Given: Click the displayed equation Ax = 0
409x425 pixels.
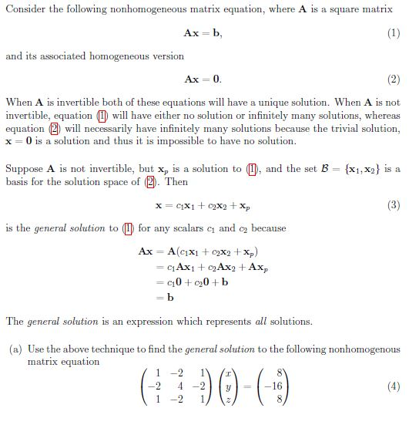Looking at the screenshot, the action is click(x=203, y=79).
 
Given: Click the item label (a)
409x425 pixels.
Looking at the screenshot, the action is click(x=15, y=349).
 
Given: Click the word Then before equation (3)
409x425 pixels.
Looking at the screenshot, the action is click(x=176, y=181).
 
